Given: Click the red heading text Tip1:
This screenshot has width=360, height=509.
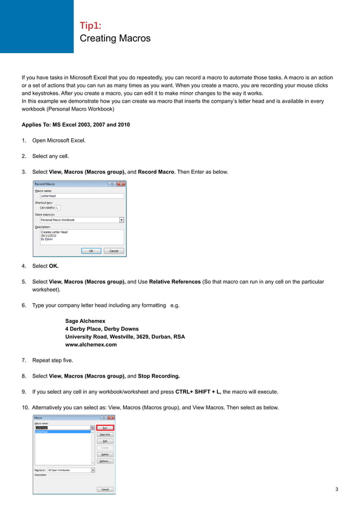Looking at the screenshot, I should [91, 25].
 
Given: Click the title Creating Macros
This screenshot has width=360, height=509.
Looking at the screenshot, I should [115, 38].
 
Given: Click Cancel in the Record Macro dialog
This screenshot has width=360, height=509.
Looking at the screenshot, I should [113, 251].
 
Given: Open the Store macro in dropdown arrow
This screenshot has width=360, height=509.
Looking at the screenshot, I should [121, 220].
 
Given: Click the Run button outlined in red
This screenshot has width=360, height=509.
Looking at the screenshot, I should [105, 428].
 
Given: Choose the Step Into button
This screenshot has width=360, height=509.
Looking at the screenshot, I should [105, 435].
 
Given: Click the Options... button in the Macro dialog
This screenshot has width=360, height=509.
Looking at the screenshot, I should [105, 461].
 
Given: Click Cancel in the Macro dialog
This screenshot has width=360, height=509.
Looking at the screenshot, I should [105, 489].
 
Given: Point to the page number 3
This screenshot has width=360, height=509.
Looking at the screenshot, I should [337, 489].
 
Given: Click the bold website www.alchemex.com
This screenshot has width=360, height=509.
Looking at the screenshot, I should [91, 345].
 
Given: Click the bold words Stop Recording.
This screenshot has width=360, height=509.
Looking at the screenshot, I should [159, 376].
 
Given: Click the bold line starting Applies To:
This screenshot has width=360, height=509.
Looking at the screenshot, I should [76, 124].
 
